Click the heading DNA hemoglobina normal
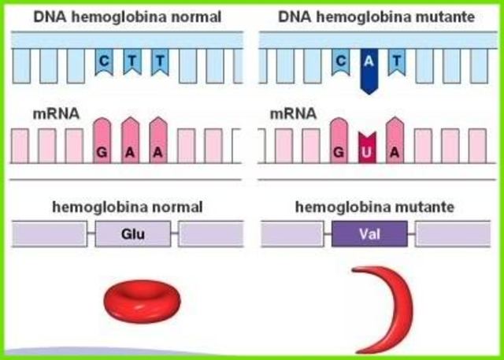(x=127, y=15)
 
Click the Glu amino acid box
(x=133, y=234)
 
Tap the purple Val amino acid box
(x=369, y=234)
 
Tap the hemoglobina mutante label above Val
(x=373, y=207)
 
